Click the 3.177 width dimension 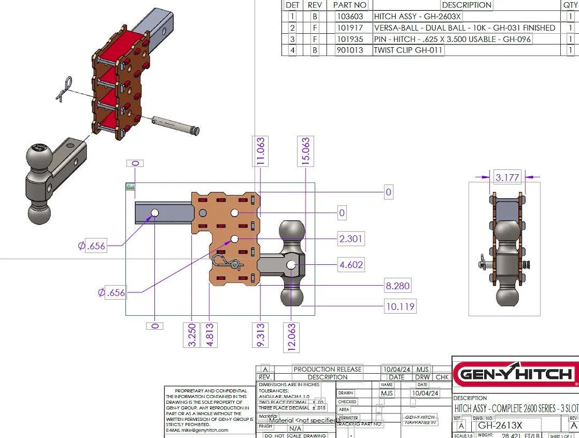pos(507,177)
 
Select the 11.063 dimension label pos(261,152)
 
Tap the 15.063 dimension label pos(306,152)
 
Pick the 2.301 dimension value pos(351,239)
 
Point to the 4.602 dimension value pos(351,264)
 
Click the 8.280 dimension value pos(397,286)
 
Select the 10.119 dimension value pos(399,307)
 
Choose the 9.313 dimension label pos(261,335)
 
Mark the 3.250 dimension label pos(192,335)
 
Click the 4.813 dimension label pos(209,335)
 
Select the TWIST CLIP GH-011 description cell pos(409,50)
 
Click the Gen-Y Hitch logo pos(515,374)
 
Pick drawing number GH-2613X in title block pos(500,426)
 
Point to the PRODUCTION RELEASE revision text pos(328,369)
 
